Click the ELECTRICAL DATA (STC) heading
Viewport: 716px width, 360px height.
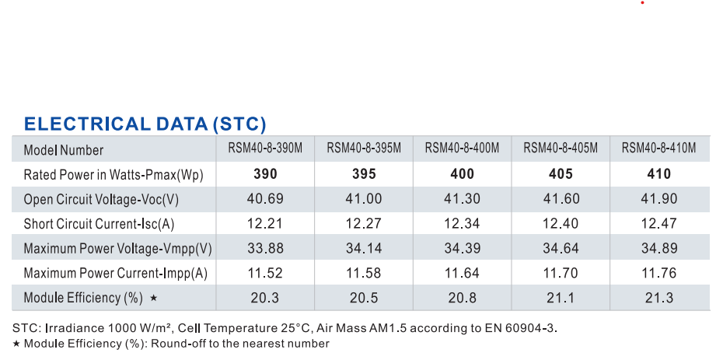click(145, 124)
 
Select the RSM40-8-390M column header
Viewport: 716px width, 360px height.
click(265, 148)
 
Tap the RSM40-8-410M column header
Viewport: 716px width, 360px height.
click(659, 148)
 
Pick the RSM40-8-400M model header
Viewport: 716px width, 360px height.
click(462, 148)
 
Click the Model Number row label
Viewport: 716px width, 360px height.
click(64, 150)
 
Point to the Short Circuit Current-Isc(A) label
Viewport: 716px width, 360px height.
click(99, 224)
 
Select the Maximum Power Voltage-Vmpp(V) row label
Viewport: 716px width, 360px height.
click(118, 249)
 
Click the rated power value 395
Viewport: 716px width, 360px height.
click(364, 174)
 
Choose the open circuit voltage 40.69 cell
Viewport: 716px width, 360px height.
click(265, 199)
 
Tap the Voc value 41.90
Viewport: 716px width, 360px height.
click(659, 199)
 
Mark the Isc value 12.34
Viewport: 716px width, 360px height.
click(462, 223)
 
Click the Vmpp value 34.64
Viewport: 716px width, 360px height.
click(561, 248)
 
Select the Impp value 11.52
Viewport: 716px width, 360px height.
click(265, 273)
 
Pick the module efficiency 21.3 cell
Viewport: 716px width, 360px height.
click(659, 298)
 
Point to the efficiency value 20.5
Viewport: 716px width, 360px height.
click(364, 298)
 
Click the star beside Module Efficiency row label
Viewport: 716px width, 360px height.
click(154, 298)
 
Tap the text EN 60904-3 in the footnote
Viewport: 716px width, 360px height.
click(531, 328)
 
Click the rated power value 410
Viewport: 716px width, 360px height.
click(659, 174)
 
